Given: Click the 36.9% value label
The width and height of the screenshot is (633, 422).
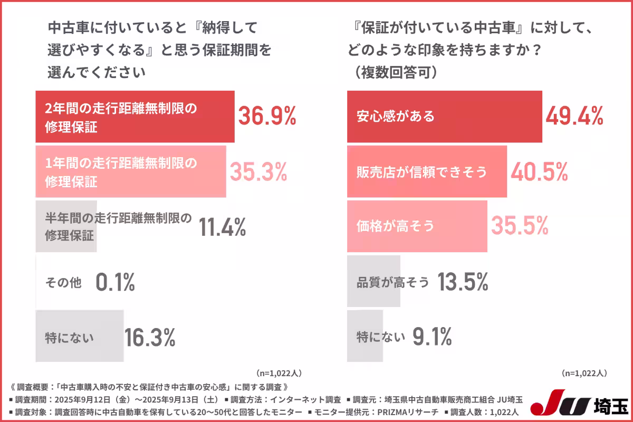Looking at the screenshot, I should point(267,116).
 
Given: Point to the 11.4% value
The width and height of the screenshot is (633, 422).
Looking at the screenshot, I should point(223,227).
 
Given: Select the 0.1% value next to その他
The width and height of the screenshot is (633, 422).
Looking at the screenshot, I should point(116,283).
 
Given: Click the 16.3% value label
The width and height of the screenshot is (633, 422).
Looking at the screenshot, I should point(150,337).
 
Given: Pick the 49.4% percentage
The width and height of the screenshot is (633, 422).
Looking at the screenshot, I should point(574,116).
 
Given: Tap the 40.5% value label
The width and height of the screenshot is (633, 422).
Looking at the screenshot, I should point(539,171).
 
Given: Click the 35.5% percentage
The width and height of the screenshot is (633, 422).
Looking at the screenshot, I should point(520,226).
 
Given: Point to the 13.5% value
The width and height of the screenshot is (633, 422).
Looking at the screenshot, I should point(463,283).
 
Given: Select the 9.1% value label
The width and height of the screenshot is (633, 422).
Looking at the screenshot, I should point(432,337).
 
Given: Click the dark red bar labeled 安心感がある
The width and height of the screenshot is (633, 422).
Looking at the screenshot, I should point(444,116).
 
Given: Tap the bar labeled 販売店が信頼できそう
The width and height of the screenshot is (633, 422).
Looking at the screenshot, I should point(426,171).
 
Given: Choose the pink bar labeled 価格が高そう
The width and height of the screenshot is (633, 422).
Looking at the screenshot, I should point(417,226).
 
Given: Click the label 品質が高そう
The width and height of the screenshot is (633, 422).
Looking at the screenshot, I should point(393,283).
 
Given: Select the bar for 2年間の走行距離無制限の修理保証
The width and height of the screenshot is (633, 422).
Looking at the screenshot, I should point(135,117).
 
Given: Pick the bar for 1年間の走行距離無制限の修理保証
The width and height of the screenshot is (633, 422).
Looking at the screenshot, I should point(130,171).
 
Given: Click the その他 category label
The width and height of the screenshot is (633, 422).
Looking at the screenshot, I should point(64,283).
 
